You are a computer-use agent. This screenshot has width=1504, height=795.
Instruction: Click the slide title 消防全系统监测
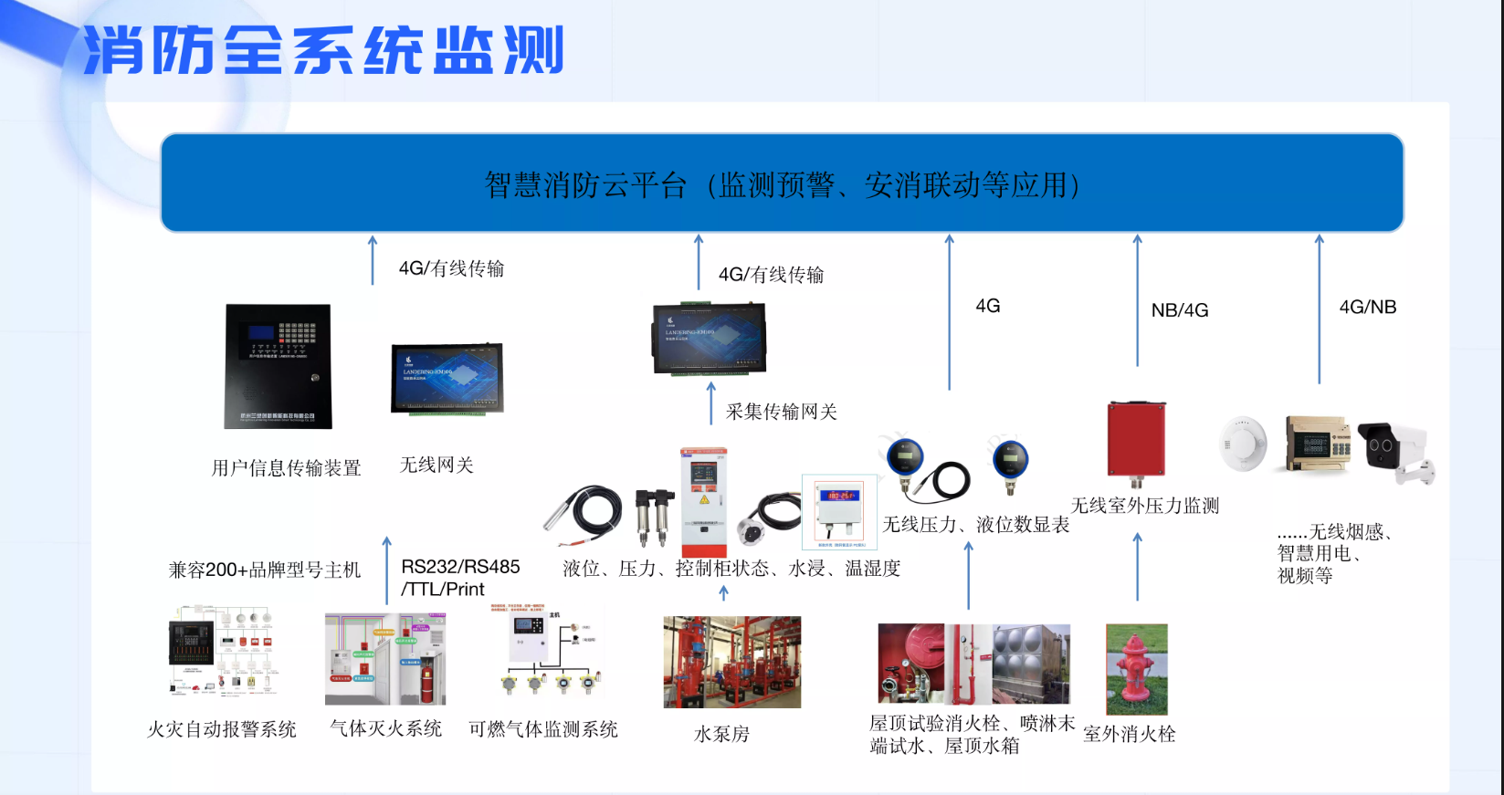click(x=324, y=50)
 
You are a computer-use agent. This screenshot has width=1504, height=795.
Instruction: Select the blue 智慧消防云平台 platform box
click(x=782, y=183)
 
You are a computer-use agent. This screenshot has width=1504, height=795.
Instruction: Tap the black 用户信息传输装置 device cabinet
click(x=279, y=366)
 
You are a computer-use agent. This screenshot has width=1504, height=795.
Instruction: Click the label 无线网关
click(x=436, y=465)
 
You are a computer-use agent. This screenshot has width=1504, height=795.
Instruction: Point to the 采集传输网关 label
click(x=781, y=412)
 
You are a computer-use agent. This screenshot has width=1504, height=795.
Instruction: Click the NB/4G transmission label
click(x=1179, y=310)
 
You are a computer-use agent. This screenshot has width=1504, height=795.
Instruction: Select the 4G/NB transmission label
click(x=1367, y=308)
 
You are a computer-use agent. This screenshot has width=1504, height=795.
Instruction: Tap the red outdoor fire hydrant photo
click(x=1136, y=669)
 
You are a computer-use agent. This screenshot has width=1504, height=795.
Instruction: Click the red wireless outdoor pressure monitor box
click(x=1136, y=440)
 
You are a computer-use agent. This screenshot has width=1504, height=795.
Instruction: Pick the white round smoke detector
click(x=1243, y=443)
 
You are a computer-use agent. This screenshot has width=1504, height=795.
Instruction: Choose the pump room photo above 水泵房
click(x=731, y=662)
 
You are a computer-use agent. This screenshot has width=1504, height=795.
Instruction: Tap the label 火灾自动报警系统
click(x=222, y=729)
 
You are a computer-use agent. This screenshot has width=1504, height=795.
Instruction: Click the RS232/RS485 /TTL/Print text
click(x=459, y=578)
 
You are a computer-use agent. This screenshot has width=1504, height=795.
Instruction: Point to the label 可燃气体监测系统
click(x=543, y=729)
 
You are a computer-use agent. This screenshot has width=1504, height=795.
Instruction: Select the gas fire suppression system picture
click(x=385, y=659)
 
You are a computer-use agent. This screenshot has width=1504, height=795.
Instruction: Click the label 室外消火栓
click(x=1129, y=735)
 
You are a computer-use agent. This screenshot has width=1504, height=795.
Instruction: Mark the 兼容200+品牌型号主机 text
click(x=265, y=570)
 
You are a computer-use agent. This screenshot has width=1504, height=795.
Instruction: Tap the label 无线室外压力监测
click(x=1144, y=506)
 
